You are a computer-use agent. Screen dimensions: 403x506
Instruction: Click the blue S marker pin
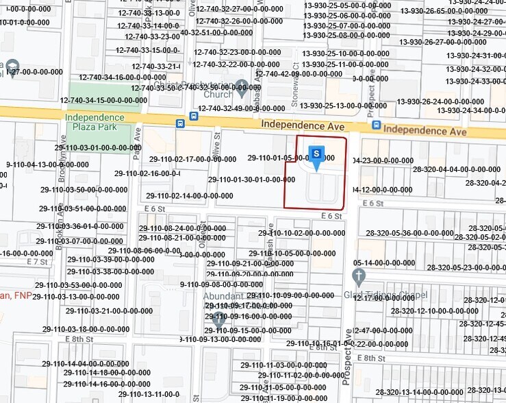pos(316,154)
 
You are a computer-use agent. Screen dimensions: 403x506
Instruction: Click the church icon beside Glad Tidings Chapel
pos(359,277)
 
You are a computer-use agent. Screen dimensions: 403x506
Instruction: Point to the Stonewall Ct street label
pos(297,90)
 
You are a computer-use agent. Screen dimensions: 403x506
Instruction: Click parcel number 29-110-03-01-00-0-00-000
pos(98,147)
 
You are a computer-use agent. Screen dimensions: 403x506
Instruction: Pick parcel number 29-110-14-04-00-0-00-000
pos(90,363)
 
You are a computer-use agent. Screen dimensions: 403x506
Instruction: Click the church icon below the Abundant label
pos(219,318)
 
